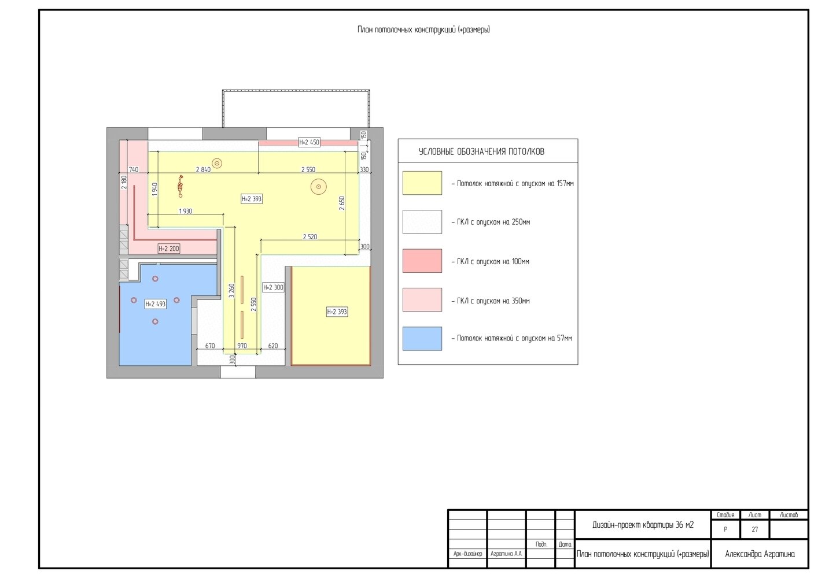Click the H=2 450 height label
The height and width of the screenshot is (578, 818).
[309, 142]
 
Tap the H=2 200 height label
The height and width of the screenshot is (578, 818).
[169, 249]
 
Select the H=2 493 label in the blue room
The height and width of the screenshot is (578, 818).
[155, 304]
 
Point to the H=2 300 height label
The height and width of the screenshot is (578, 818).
[273, 287]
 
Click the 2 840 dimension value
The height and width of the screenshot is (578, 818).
[204, 169]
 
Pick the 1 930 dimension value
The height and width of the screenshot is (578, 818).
[186, 211]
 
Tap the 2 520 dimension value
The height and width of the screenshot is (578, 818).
[310, 237]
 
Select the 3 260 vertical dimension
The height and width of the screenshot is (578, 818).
[231, 291]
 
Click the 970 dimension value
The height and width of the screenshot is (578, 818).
[242, 346]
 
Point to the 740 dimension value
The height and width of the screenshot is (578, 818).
[134, 169]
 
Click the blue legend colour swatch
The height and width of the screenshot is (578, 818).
[422, 339]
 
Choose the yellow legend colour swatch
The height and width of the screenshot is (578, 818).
[422, 183]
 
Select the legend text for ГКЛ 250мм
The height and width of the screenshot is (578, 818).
[491, 222]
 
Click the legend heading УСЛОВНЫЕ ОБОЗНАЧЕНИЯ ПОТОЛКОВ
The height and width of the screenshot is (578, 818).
[481, 151]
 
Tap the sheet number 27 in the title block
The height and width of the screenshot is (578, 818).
[755, 529]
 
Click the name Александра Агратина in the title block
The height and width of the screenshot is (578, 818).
[760, 554]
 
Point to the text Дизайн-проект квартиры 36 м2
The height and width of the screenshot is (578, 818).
[643, 525]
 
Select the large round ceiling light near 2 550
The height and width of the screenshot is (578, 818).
[318, 187]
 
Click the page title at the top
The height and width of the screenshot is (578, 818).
[423, 29]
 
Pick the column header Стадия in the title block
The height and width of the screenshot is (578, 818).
[725, 515]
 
